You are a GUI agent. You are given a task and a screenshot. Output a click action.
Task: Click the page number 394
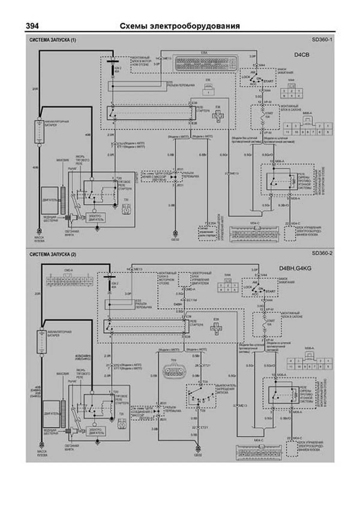[32, 26]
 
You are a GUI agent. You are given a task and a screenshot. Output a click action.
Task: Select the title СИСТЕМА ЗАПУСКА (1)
[53, 40]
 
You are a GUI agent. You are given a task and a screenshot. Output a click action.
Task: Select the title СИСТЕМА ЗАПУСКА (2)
[53, 254]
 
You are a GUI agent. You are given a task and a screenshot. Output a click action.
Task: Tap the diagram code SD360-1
[322, 39]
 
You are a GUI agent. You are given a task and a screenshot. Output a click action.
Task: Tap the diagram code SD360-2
[322, 253]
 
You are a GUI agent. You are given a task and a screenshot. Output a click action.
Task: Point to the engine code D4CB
[301, 55]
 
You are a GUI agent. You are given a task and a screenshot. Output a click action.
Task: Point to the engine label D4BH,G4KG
[295, 268]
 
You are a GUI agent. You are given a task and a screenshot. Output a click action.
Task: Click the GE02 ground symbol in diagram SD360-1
[175, 233]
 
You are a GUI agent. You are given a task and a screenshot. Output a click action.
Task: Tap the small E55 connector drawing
[208, 90]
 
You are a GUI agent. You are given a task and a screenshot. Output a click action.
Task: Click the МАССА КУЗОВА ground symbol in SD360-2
[42, 444]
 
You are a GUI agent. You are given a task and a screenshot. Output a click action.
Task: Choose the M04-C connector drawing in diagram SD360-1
[254, 234]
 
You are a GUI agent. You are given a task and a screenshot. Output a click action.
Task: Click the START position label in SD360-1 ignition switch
[268, 81]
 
